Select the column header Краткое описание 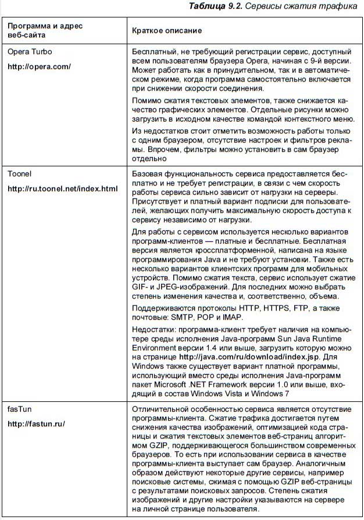tap(167, 30)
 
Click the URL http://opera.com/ tap(39, 67)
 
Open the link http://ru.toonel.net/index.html tap(62, 189)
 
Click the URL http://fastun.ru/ tap(36, 424)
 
